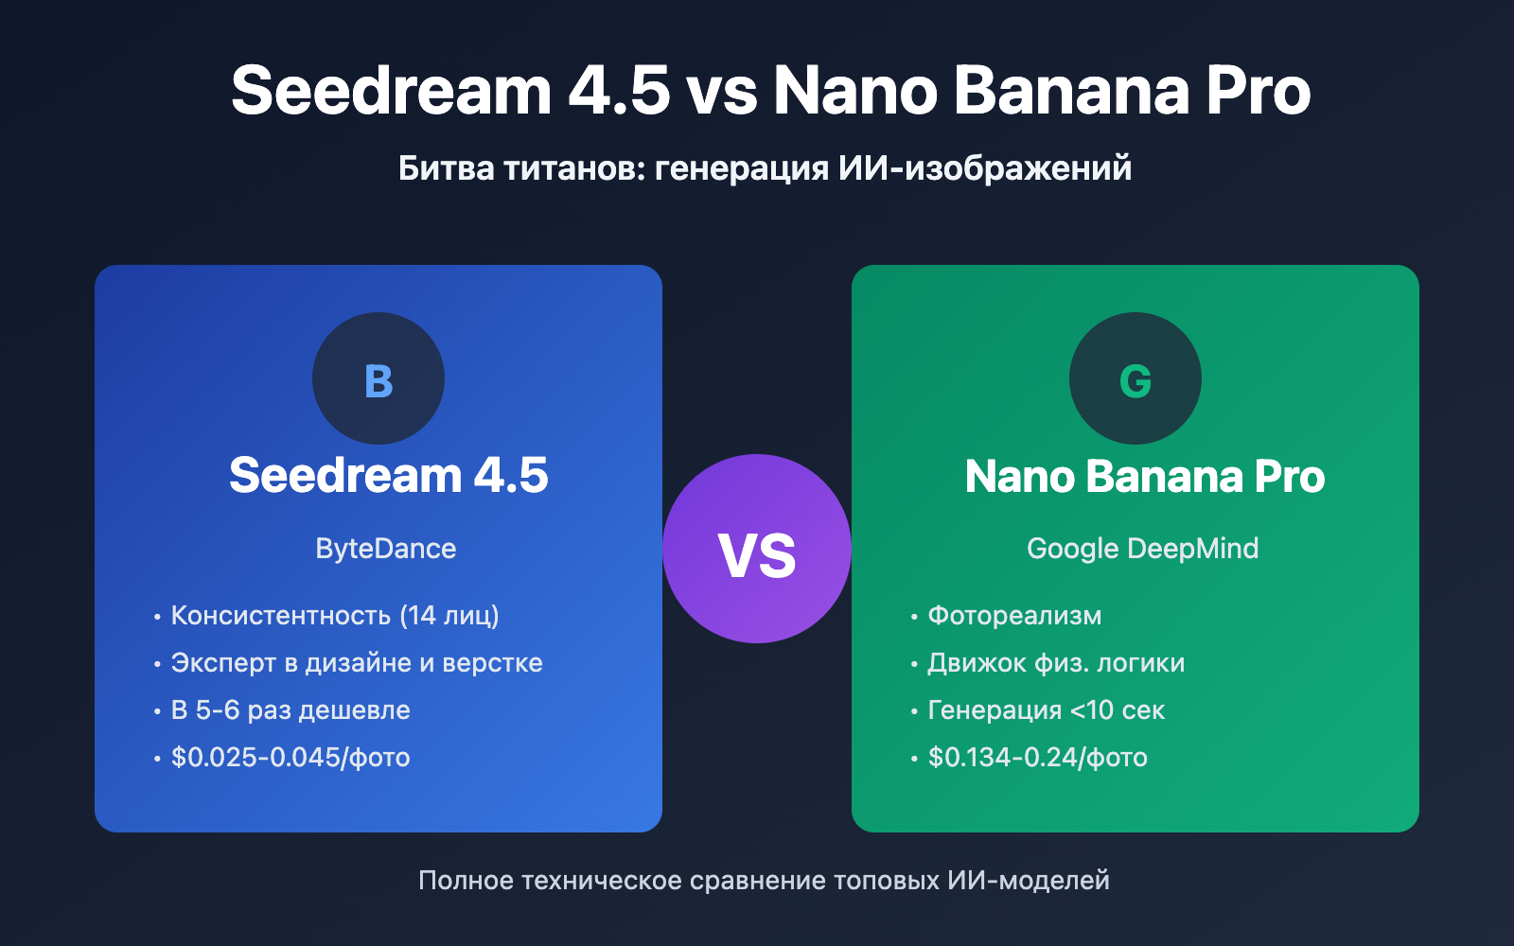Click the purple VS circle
pyautogui.click(x=757, y=549)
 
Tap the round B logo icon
pyautogui.click(x=378, y=378)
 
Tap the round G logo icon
pyautogui.click(x=1135, y=378)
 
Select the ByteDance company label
pyautogui.click(x=386, y=549)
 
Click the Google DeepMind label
pyautogui.click(x=1142, y=549)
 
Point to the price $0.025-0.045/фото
pyautogui.click(x=290, y=758)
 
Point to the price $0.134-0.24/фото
pyautogui.click(x=1037, y=758)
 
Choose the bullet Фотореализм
pyautogui.click(x=1014, y=616)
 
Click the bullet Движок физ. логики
pyautogui.click(x=1056, y=663)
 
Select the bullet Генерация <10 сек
pyautogui.click(x=1046, y=710)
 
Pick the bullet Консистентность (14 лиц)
pyautogui.click(x=335, y=616)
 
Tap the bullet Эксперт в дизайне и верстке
pyautogui.click(x=357, y=663)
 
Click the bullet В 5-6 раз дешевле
pyautogui.click(x=290, y=710)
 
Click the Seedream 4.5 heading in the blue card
pyautogui.click(x=388, y=475)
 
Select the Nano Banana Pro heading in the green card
pyautogui.click(x=1145, y=476)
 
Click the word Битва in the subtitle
pyautogui.click(x=446, y=168)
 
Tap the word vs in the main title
pyautogui.click(x=722, y=92)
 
